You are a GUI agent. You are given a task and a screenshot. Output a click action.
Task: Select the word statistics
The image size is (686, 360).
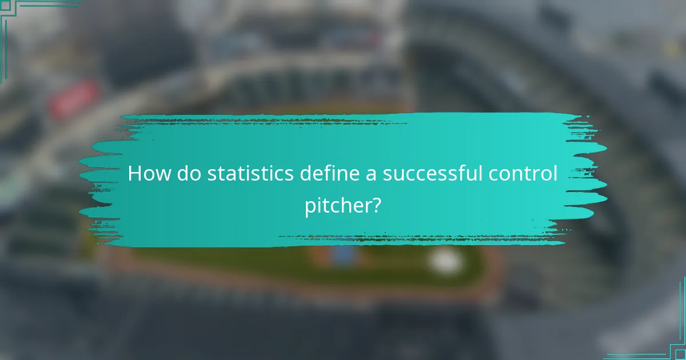250,174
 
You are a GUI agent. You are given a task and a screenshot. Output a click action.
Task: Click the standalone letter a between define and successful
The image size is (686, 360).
372,175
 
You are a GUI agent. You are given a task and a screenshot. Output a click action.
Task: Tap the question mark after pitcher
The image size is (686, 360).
376,204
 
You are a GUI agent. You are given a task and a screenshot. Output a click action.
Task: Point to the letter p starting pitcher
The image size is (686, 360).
310,206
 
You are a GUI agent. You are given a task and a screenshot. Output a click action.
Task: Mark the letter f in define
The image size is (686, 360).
325,173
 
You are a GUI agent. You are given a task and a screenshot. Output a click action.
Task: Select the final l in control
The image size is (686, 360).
555,173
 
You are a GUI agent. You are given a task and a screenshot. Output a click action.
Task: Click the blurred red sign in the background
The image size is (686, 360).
74,99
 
